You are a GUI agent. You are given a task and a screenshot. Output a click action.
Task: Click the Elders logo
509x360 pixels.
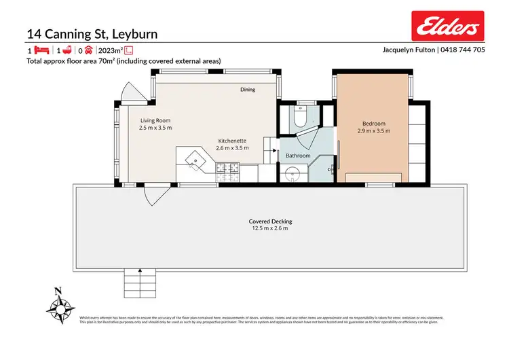(x=448, y=26)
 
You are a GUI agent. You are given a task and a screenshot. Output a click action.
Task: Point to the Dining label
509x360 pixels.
(x=248, y=90)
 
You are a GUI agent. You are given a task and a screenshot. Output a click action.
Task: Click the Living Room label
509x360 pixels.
(x=155, y=120)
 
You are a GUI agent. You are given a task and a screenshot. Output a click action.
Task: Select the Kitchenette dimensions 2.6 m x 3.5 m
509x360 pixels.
(x=232, y=147)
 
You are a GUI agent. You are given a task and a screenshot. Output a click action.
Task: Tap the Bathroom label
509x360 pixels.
(x=297, y=156)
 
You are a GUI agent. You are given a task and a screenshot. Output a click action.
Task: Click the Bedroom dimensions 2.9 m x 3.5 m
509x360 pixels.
(x=373, y=130)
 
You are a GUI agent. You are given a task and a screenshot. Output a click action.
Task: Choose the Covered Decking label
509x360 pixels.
(x=270, y=221)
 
